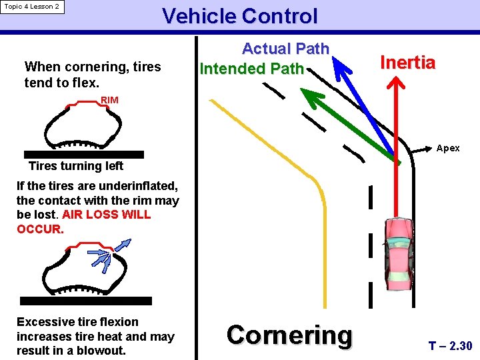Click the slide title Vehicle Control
click(x=240, y=16)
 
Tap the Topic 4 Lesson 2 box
click(x=32, y=7)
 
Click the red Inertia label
click(x=407, y=63)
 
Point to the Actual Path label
click(x=285, y=49)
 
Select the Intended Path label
click(x=251, y=69)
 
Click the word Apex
click(x=447, y=148)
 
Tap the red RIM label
click(x=109, y=100)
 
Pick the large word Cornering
click(x=289, y=335)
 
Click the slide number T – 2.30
click(x=450, y=346)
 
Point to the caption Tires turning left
click(x=76, y=166)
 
